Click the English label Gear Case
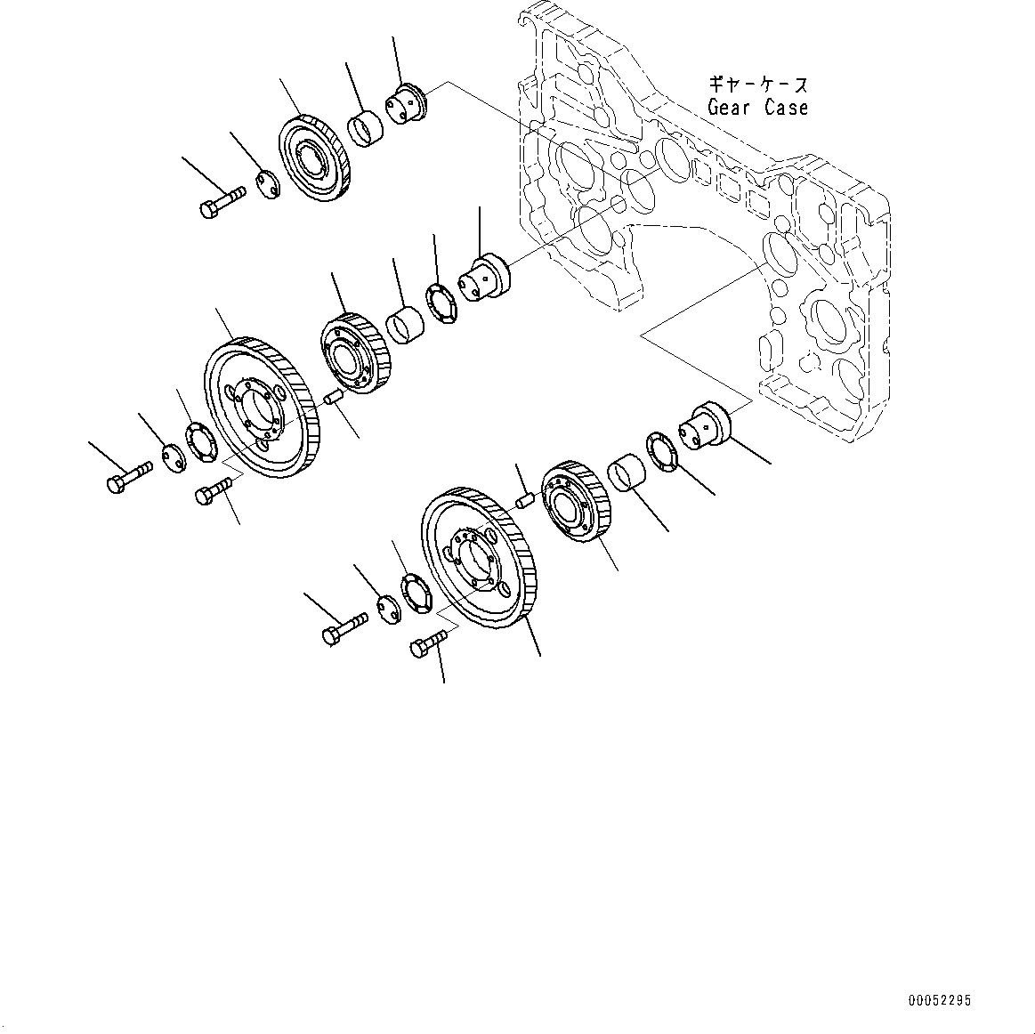[757, 108]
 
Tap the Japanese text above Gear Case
[757, 85]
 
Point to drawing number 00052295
[940, 1001]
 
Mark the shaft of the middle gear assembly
[484, 275]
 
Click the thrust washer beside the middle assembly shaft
[441, 301]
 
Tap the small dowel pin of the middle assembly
[333, 397]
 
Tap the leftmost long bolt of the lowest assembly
[343, 628]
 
